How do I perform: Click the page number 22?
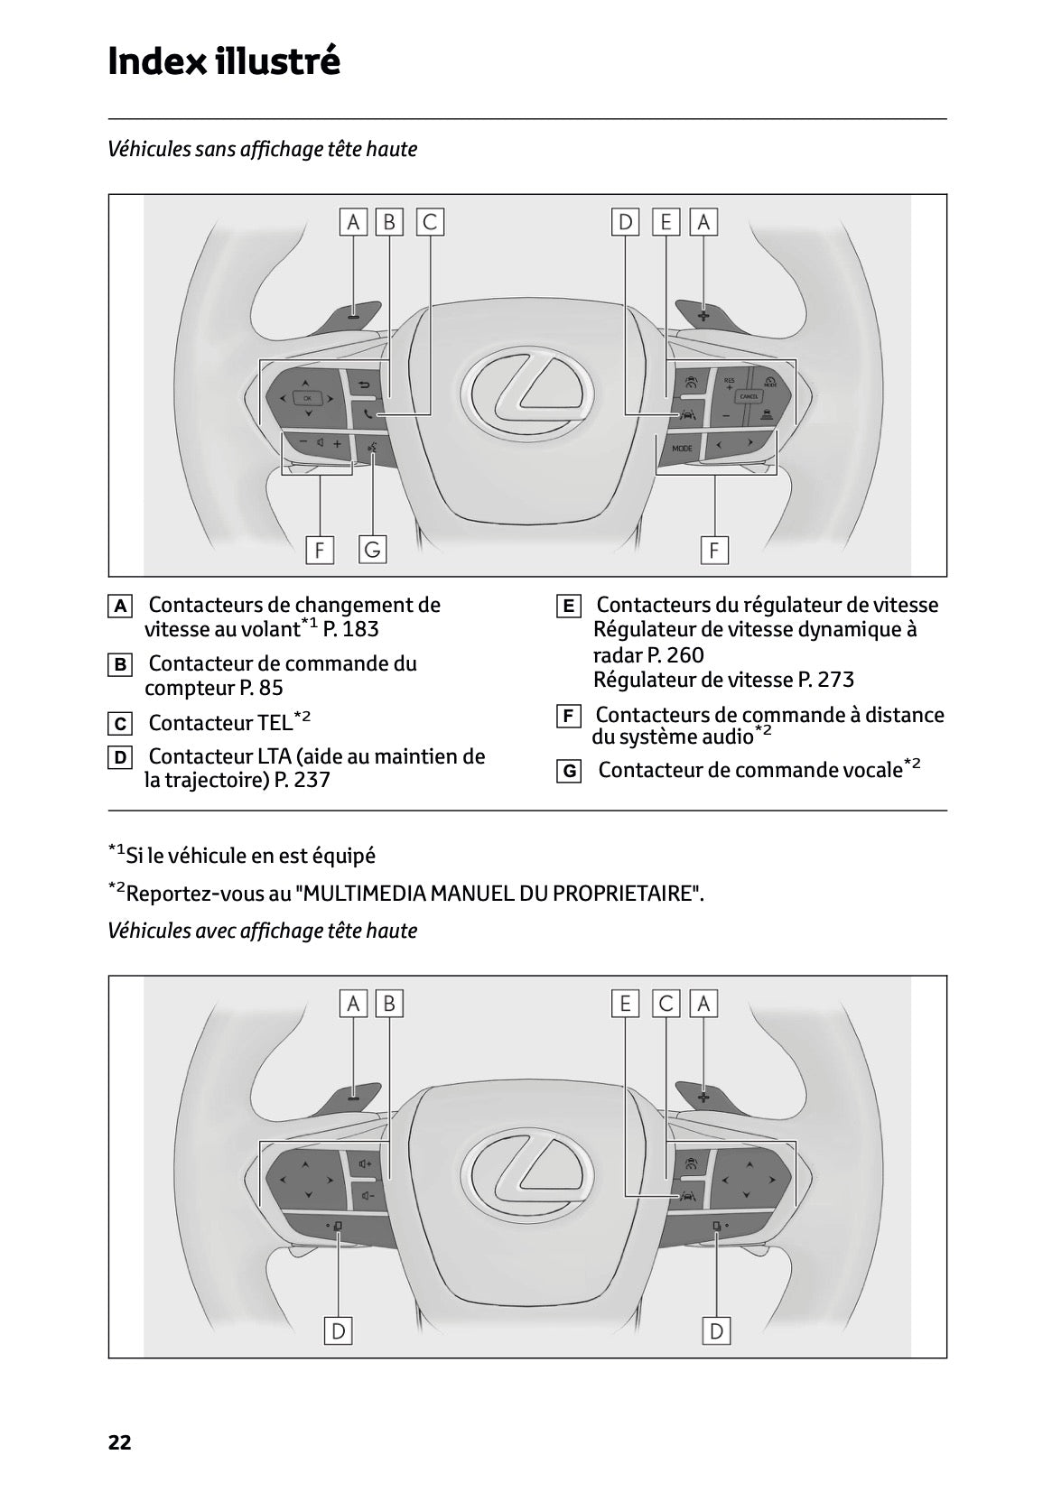click(x=119, y=1442)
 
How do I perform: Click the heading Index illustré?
click(x=223, y=61)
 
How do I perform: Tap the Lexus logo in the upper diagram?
click(x=527, y=394)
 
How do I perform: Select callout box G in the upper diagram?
click(x=372, y=549)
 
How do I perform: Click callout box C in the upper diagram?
click(x=430, y=222)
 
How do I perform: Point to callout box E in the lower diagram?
click(x=625, y=1003)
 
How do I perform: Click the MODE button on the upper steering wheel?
click(x=682, y=449)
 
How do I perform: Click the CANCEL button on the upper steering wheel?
click(x=749, y=396)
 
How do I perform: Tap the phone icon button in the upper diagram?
click(x=368, y=414)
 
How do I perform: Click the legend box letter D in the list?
click(x=119, y=758)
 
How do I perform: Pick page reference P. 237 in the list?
click(x=302, y=780)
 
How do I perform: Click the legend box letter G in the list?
click(x=568, y=772)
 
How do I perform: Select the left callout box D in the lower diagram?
click(x=338, y=1330)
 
